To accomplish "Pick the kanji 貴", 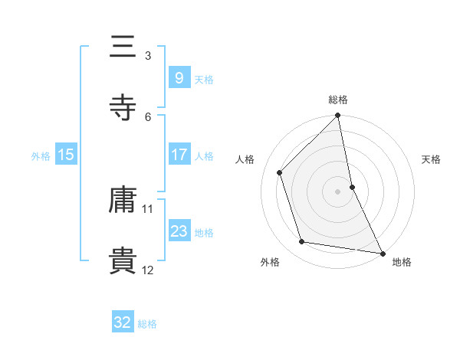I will pos(123,261).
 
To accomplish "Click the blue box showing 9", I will pos(179,77).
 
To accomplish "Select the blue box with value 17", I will pos(179,155).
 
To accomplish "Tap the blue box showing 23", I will pos(179,231).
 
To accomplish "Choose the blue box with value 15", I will pos(66,155).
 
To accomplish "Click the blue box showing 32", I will pos(123,322).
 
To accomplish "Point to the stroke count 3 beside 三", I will pos(148,55).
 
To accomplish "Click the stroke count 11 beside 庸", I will pos(148,208).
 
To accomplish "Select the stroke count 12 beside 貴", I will pos(148,270).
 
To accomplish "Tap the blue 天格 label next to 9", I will pos(204,79).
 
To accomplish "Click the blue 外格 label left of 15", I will pos(41,155).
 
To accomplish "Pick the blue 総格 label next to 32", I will pos(147,324).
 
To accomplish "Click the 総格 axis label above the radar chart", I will pos(338,100).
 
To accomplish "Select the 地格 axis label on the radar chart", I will pos(402,262).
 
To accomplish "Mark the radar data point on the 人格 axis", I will pos(280,172).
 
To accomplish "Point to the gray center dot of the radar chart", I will pos(338,191).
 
